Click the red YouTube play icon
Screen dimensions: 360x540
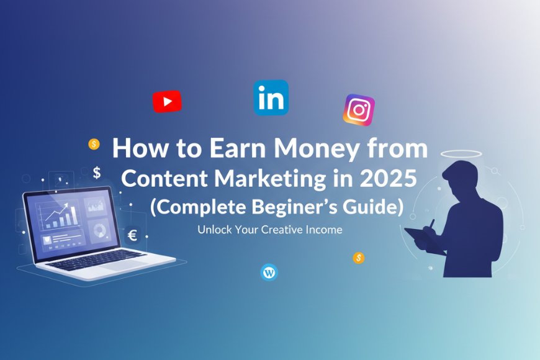tap(167, 101)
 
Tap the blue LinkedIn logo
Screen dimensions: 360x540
tap(271, 97)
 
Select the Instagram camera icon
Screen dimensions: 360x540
tap(359, 110)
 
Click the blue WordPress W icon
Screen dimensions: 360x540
tap(269, 272)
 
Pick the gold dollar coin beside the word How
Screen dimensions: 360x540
tap(94, 144)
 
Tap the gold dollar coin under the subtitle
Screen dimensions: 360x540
tap(358, 258)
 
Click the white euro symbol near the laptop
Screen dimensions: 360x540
tap(132, 235)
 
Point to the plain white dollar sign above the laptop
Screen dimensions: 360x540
tap(97, 173)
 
